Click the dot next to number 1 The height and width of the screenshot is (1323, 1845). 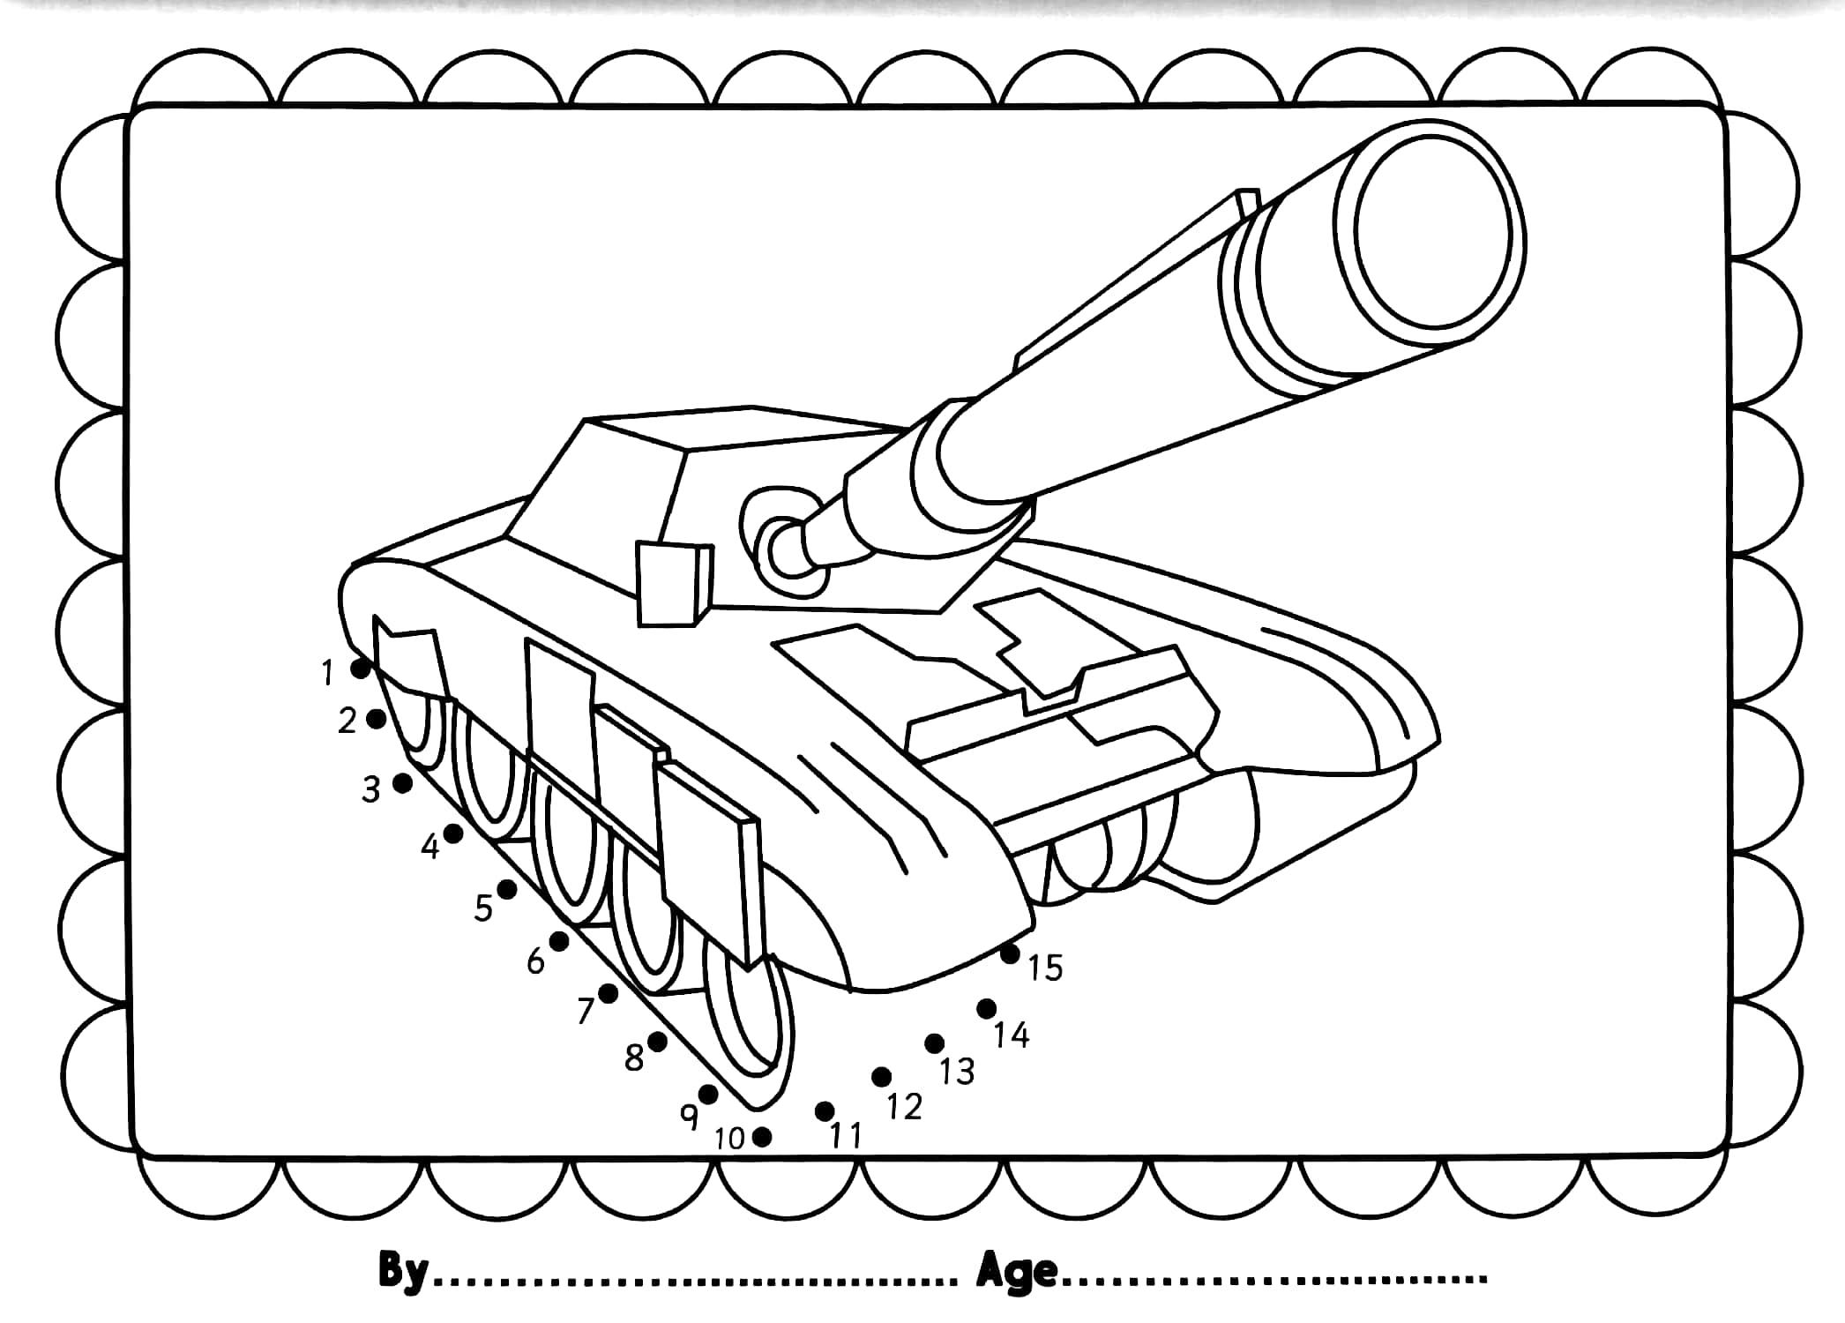360,669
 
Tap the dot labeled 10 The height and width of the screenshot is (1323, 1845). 763,1137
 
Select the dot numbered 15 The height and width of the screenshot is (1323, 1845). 1010,953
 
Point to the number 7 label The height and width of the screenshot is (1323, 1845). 586,1012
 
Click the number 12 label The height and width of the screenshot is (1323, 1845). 904,1106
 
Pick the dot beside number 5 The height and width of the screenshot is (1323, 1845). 506,889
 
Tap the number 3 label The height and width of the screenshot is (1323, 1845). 371,789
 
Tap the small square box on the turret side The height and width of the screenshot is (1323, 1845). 673,585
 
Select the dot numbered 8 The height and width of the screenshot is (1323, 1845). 657,1042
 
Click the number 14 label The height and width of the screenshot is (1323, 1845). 1012,1035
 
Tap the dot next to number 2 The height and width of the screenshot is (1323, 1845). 376,719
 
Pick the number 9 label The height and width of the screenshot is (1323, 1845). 690,1116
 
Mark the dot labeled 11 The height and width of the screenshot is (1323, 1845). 825,1110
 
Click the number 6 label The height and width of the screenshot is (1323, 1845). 536,960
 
